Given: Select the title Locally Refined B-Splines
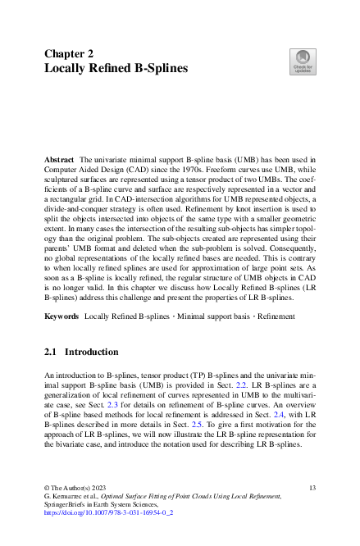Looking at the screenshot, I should (x=116, y=68).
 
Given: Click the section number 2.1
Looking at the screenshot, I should (x=51, y=352).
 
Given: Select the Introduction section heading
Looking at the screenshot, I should (x=91, y=352).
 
